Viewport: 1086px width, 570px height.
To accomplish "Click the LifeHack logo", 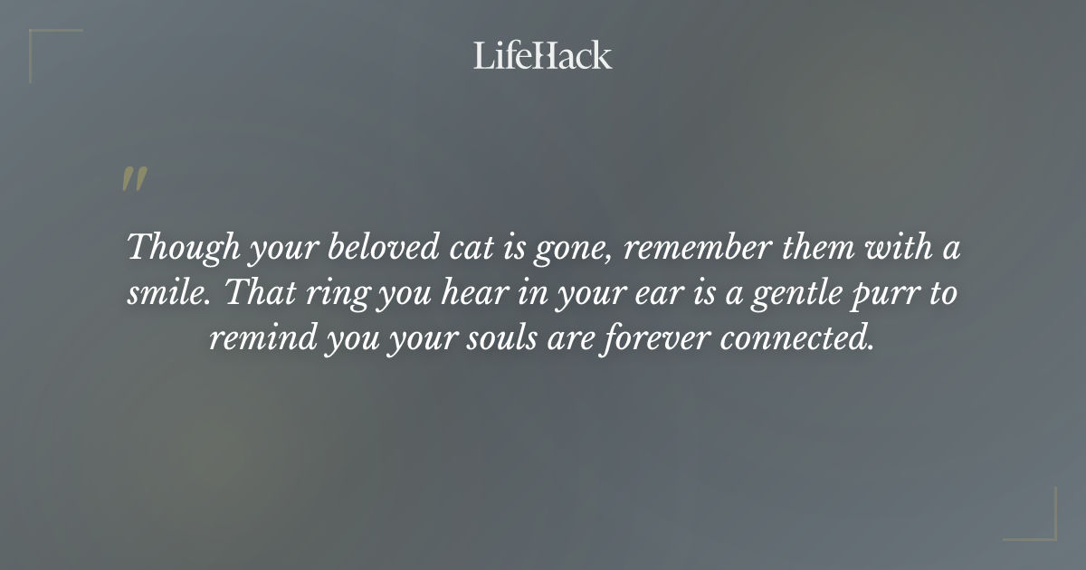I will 542,55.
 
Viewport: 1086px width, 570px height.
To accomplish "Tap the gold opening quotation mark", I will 133,179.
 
